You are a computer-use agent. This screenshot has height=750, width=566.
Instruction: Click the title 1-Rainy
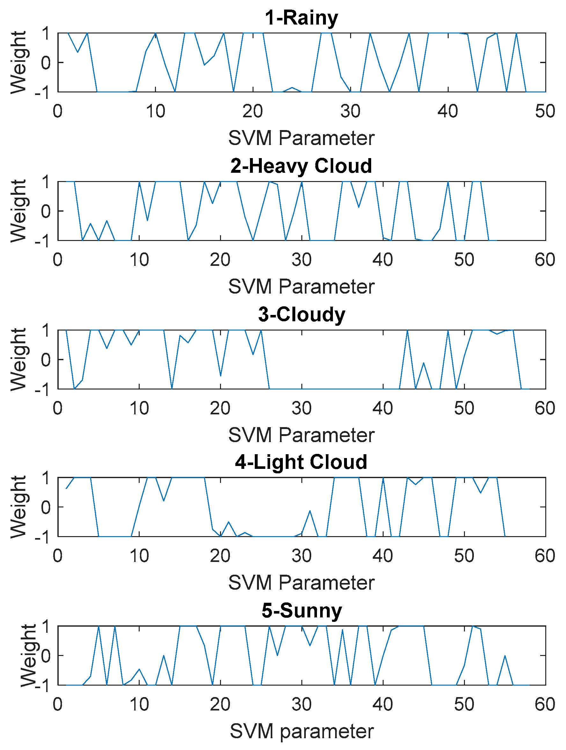[x=301, y=18]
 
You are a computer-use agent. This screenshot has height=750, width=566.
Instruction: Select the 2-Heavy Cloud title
[x=301, y=166]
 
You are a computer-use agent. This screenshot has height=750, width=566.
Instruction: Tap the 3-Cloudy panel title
[x=301, y=314]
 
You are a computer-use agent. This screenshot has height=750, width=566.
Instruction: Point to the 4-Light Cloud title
[x=301, y=462]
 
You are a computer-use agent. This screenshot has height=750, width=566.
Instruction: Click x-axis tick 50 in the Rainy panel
[x=545, y=111]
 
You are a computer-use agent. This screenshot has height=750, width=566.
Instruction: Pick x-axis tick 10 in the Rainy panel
[x=155, y=111]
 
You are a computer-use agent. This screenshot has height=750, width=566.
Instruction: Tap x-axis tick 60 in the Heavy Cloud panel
[x=545, y=260]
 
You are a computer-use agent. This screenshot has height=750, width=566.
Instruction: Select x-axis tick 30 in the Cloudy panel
[x=301, y=408]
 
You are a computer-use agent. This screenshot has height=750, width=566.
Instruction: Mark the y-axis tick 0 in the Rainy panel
[x=46, y=63]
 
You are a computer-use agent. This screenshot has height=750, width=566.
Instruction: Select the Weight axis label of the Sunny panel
[x=28, y=655]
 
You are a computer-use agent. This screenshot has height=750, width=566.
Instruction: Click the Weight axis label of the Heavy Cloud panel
[x=18, y=211]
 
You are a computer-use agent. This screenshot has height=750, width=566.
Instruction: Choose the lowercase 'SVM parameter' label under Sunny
[x=301, y=731]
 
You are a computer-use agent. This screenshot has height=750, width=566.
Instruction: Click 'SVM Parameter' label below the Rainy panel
[x=301, y=138]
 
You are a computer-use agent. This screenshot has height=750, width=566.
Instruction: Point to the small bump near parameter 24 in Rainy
[x=292, y=88]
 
